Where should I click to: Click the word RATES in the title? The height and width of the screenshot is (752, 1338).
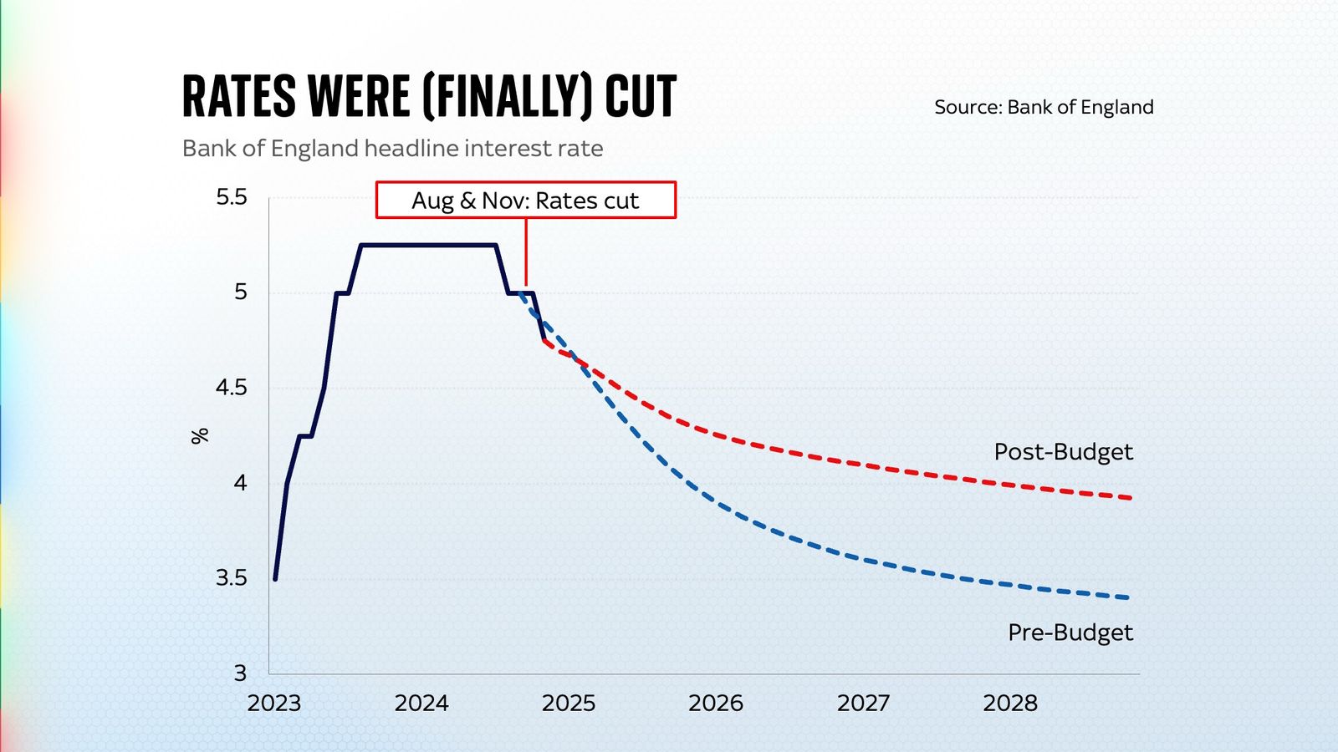pyautogui.click(x=239, y=96)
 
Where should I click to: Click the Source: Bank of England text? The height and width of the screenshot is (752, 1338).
pyautogui.click(x=1044, y=107)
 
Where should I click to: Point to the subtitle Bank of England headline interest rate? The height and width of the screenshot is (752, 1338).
pyautogui.click(x=392, y=149)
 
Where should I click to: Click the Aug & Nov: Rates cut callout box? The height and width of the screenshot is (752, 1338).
pyautogui.click(x=525, y=201)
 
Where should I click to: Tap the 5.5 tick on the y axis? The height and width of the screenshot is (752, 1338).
pyautogui.click(x=232, y=197)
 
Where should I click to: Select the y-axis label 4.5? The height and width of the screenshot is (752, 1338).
pyautogui.click(x=232, y=388)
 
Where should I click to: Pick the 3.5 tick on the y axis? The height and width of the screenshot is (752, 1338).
pyautogui.click(x=232, y=578)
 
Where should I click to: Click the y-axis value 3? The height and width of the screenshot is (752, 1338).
pyautogui.click(x=240, y=673)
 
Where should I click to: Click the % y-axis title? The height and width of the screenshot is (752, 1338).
pyautogui.click(x=200, y=435)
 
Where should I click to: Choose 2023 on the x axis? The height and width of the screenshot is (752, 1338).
pyautogui.click(x=273, y=704)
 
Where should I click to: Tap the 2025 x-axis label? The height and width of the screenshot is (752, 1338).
pyautogui.click(x=568, y=704)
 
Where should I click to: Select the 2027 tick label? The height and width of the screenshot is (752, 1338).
pyautogui.click(x=863, y=704)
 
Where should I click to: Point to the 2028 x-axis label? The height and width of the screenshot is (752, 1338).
pyautogui.click(x=1010, y=704)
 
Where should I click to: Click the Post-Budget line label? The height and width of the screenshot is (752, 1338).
pyautogui.click(x=1063, y=452)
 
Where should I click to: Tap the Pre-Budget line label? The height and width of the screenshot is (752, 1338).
pyautogui.click(x=1070, y=633)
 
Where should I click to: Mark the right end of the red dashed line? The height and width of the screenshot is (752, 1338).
pyautogui.click(x=1131, y=498)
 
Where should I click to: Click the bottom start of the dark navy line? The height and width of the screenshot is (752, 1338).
pyautogui.click(x=275, y=579)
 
